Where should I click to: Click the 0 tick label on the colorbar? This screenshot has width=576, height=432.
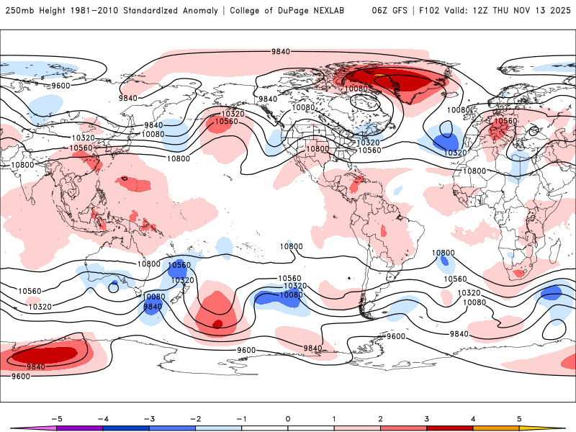[288, 418]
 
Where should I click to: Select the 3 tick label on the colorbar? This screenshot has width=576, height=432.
[427, 418]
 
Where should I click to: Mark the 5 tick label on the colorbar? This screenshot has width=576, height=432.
[519, 418]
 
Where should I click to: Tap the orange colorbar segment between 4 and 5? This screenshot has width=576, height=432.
[496, 428]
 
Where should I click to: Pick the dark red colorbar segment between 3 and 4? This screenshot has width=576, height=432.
[450, 428]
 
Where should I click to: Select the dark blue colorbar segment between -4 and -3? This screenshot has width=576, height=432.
[126, 428]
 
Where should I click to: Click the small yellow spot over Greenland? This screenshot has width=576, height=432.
[377, 74]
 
